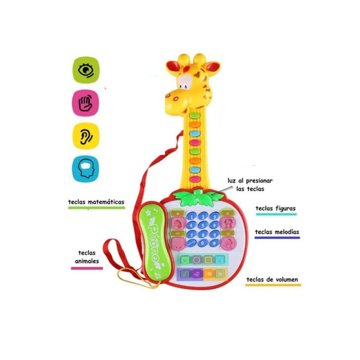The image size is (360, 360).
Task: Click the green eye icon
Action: click(x=86, y=70)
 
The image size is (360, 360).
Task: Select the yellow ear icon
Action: click(x=86, y=136)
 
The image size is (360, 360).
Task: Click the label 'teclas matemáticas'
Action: click(x=96, y=202)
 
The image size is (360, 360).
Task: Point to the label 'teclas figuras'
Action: click(x=275, y=208)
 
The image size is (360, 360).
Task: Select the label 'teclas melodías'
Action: click(x=277, y=232)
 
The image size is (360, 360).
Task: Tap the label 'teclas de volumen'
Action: click(x=272, y=280)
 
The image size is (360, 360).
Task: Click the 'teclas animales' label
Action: click(x=87, y=257)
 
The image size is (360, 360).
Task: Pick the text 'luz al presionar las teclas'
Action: click(x=250, y=184)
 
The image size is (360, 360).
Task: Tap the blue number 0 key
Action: click(x=203, y=243)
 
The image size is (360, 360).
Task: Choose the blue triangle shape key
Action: click(x=220, y=260)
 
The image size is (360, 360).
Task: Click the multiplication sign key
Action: click(x=227, y=214)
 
